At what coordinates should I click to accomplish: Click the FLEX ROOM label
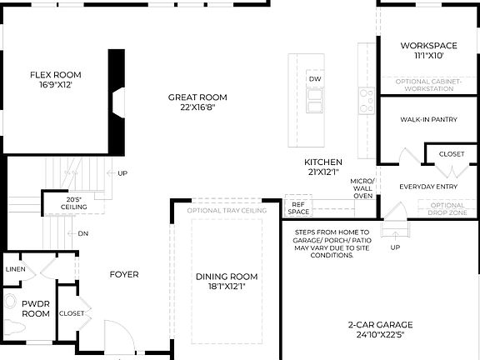(x=55, y=79)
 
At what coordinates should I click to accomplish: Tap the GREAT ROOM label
(x=197, y=102)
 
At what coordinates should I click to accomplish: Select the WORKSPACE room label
(x=427, y=50)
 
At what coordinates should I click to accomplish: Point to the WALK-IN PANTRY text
(x=428, y=120)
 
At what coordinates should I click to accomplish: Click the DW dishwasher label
(x=314, y=79)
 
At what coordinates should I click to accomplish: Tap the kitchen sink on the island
(x=314, y=101)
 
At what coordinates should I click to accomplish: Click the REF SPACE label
(x=297, y=207)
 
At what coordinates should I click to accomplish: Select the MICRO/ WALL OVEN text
(x=362, y=188)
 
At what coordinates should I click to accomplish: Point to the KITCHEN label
(x=322, y=167)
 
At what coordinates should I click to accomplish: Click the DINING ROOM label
(x=227, y=281)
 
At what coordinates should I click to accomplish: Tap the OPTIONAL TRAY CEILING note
(x=227, y=211)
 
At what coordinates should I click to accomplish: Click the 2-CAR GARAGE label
(x=380, y=330)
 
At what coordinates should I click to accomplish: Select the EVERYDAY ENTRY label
(x=427, y=187)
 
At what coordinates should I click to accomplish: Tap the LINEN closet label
(x=15, y=270)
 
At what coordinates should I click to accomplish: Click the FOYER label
(x=124, y=274)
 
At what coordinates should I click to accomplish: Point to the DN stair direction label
(x=83, y=234)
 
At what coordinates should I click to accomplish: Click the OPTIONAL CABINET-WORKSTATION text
(x=427, y=84)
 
